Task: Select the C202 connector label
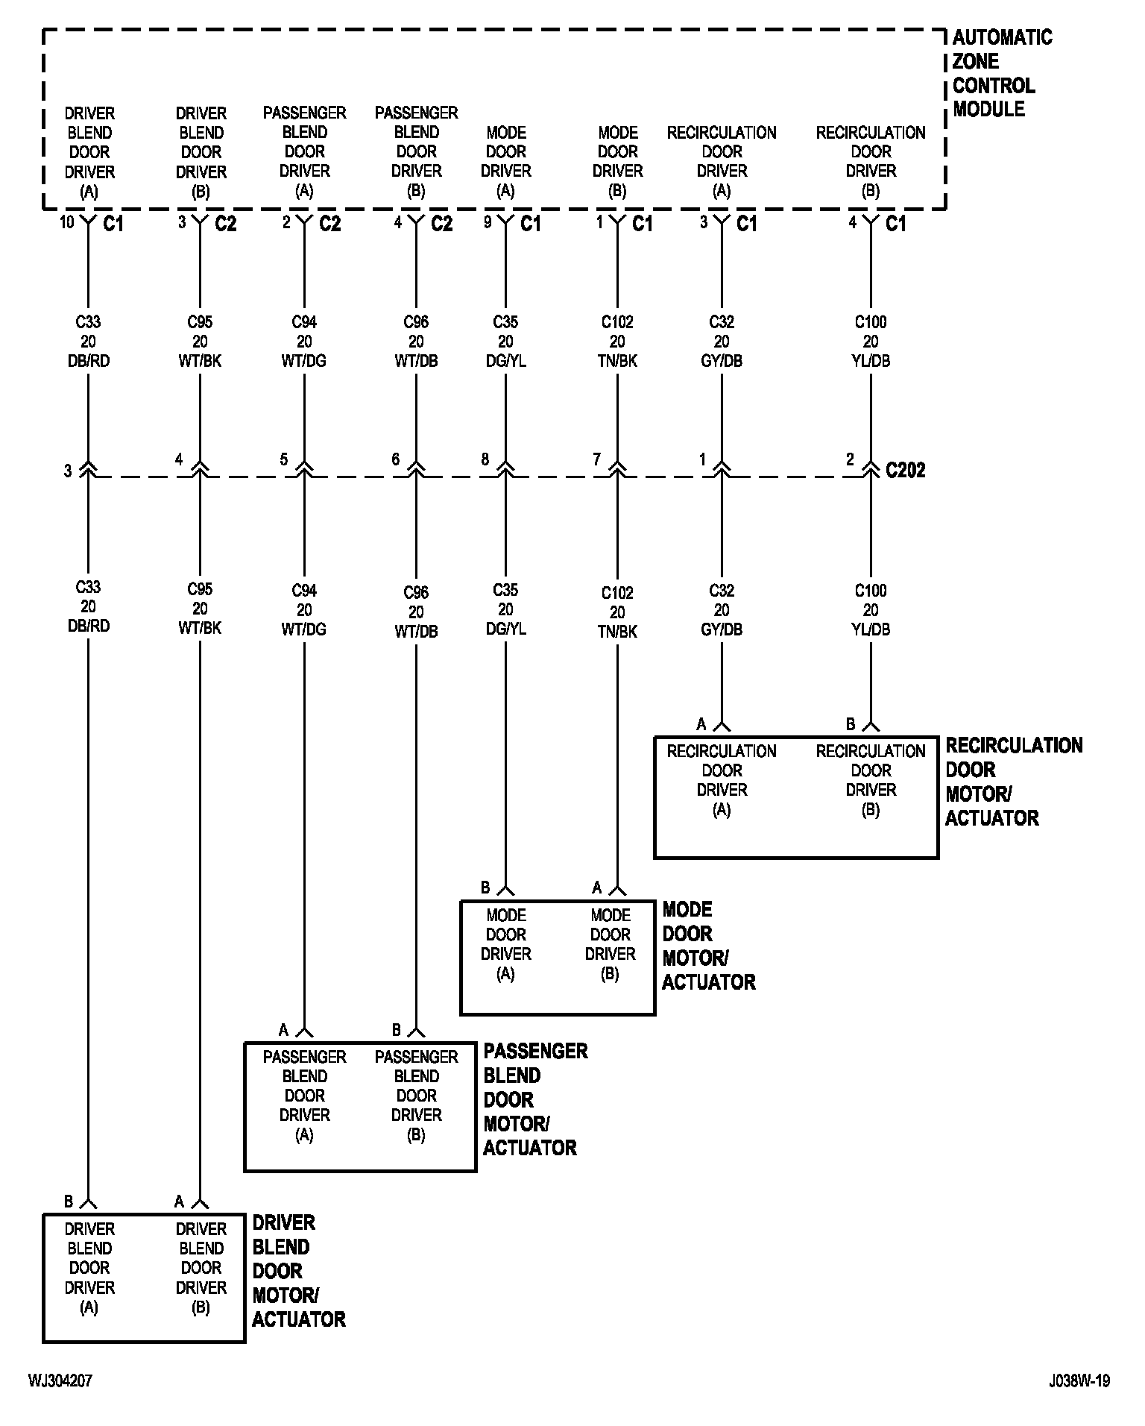(x=905, y=470)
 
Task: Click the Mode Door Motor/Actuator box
(x=558, y=958)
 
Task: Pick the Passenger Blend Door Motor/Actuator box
(x=360, y=1106)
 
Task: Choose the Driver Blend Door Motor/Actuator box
(x=144, y=1278)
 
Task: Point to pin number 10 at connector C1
(x=67, y=222)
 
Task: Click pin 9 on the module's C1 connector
(x=488, y=222)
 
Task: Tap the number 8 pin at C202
(x=485, y=459)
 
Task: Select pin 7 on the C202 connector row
(x=596, y=459)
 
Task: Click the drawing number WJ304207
(x=60, y=1381)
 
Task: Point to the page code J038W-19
(x=1079, y=1381)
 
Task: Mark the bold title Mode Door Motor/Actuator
(x=708, y=946)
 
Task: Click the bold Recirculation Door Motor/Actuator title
(x=1013, y=782)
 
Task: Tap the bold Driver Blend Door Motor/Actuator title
(x=298, y=1271)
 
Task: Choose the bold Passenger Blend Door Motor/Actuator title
(x=534, y=1099)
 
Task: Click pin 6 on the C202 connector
(x=396, y=459)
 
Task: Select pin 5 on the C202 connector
(x=284, y=459)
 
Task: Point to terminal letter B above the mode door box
(x=485, y=888)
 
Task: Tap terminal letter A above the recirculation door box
(x=701, y=723)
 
